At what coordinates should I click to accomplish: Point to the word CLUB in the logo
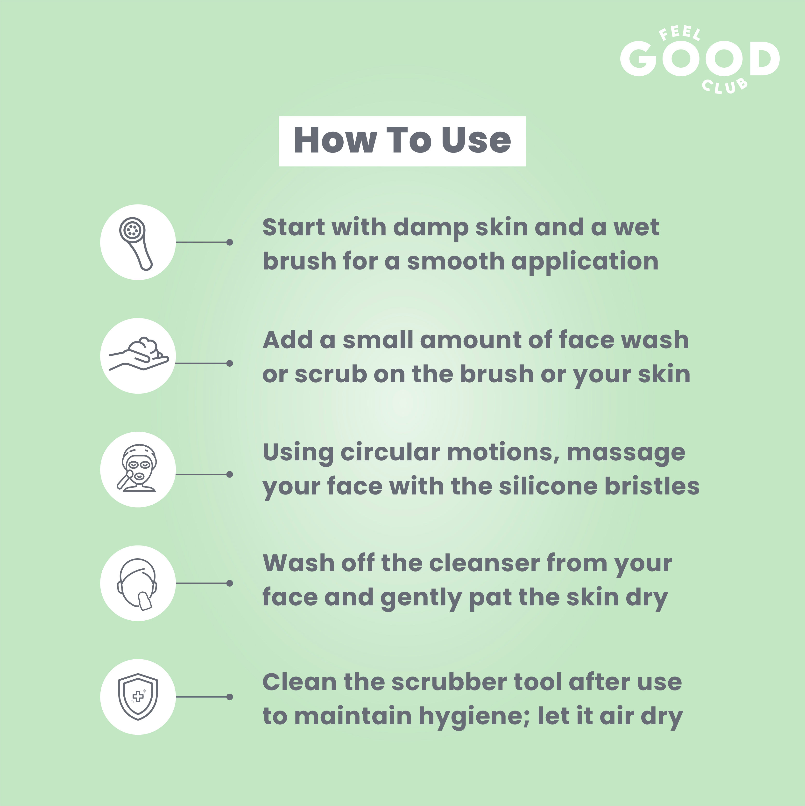[x=725, y=86]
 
